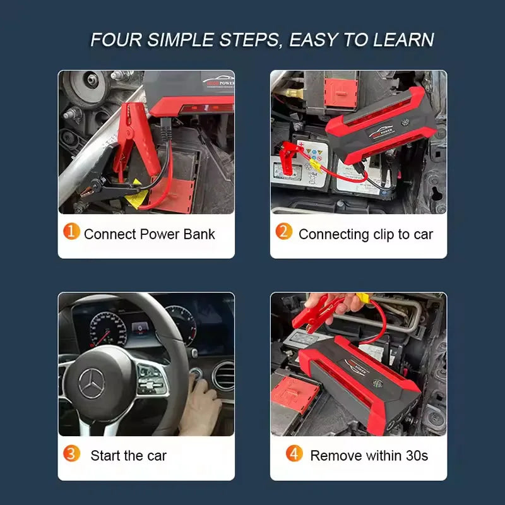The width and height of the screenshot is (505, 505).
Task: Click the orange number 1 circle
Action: coord(72,232)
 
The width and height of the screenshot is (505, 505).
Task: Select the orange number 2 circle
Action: coord(284,232)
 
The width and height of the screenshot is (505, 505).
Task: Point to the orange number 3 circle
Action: coord(72,453)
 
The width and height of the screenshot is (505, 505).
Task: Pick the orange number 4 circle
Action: coord(294,453)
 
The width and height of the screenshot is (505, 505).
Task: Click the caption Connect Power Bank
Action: coord(149,234)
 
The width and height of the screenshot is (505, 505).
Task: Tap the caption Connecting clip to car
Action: coord(365,234)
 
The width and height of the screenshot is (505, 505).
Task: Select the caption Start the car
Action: coord(128,455)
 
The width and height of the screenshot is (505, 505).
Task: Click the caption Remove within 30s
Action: coord(369,455)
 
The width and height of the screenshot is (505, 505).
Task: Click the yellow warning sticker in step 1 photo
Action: coord(133,200)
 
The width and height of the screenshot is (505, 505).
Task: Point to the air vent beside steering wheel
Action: coord(222,377)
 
